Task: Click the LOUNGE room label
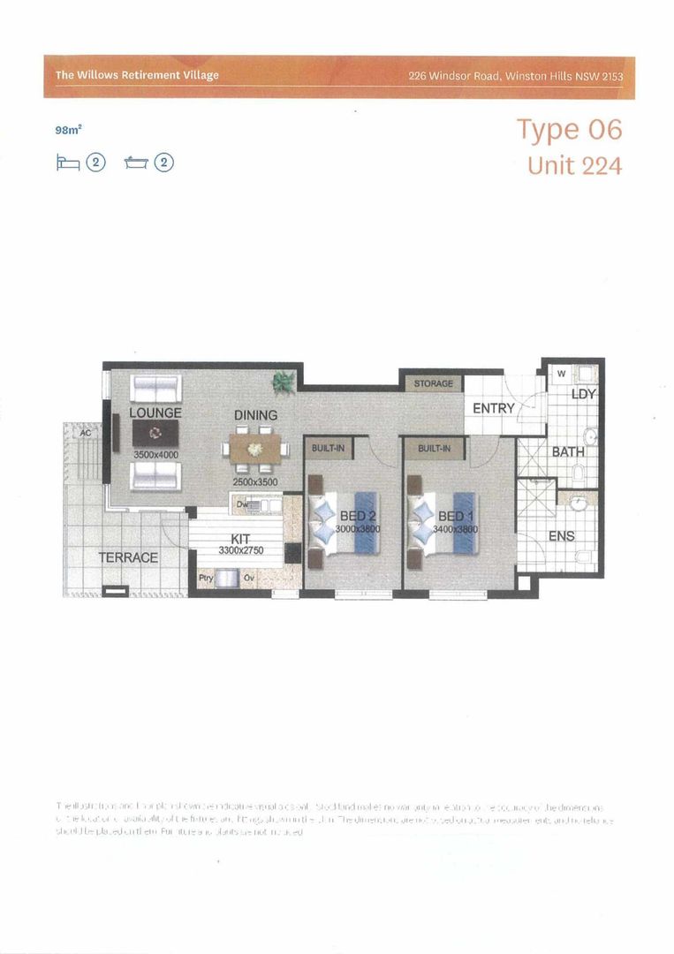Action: (x=155, y=413)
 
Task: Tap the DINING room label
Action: (x=255, y=414)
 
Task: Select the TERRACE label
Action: (x=128, y=557)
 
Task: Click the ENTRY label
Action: (x=493, y=408)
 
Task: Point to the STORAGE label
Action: (x=433, y=383)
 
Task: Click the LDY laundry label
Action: (x=583, y=394)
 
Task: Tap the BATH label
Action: (x=568, y=451)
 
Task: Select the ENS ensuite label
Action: (x=562, y=535)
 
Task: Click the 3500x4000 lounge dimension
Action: (x=155, y=454)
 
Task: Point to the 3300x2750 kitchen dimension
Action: (x=240, y=550)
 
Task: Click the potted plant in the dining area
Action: (x=284, y=382)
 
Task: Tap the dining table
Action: (x=255, y=447)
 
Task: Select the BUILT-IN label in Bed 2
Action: (x=328, y=448)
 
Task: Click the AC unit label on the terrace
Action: (x=86, y=434)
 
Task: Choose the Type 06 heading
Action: (x=569, y=130)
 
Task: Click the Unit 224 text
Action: (x=574, y=165)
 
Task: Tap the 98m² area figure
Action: (x=68, y=130)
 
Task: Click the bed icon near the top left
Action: (x=68, y=163)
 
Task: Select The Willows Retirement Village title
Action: (x=137, y=76)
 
